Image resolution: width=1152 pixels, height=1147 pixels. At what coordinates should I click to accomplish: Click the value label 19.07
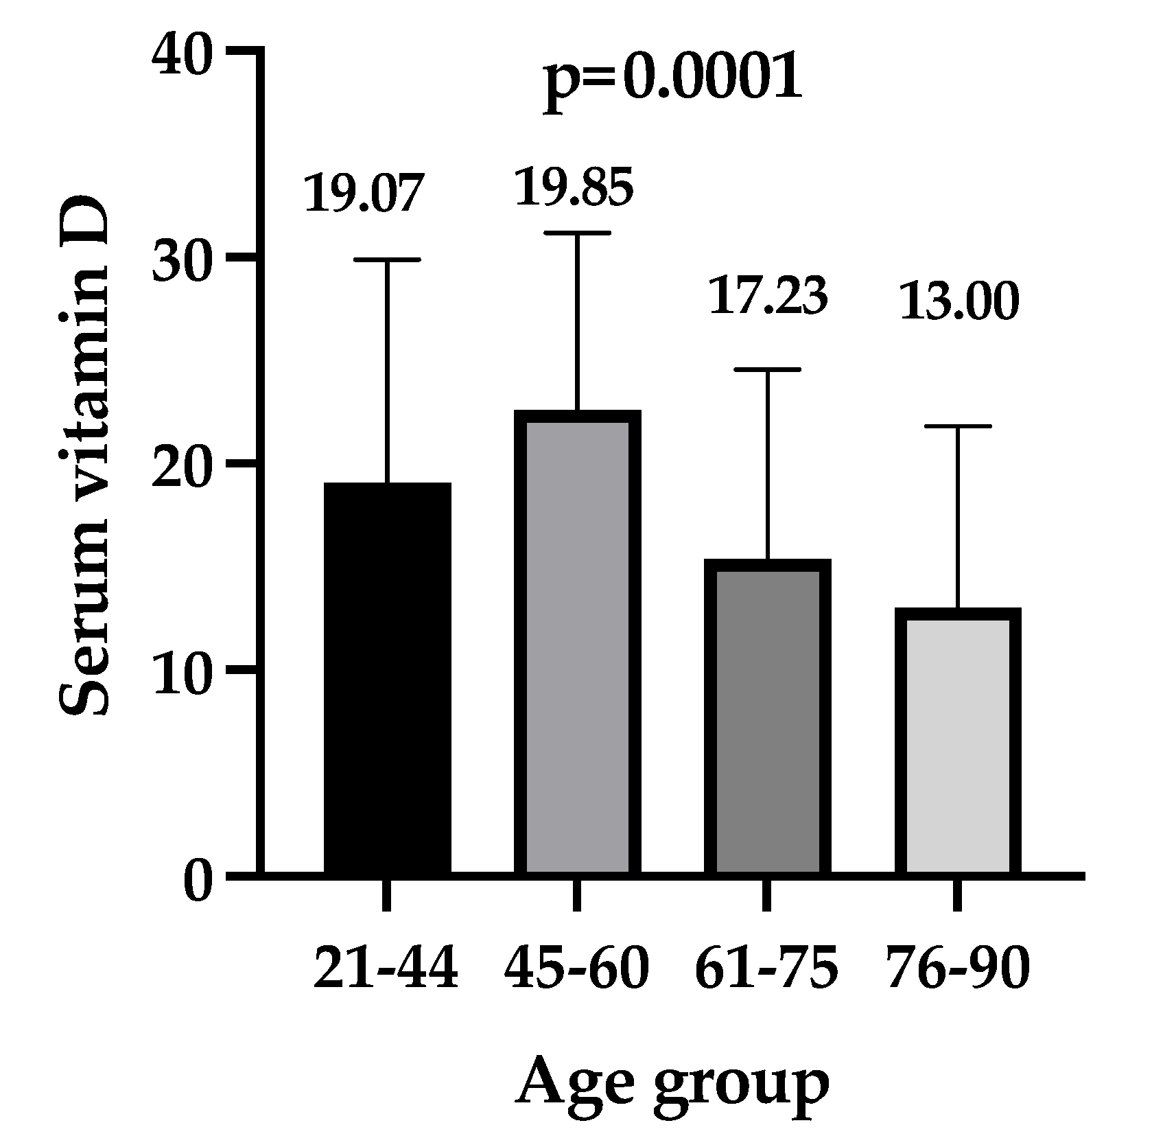point(361,193)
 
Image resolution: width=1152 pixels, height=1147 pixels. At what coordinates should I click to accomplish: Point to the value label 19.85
point(574,187)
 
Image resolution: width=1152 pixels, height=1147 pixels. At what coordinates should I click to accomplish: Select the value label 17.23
point(768,296)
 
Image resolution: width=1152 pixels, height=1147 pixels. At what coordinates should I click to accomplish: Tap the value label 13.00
point(958,302)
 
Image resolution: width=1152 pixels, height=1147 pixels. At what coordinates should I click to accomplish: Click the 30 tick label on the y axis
point(181,259)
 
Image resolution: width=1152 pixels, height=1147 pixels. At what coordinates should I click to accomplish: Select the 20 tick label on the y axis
point(181,466)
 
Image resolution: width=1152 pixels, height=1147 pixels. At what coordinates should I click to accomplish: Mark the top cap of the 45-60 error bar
point(577,233)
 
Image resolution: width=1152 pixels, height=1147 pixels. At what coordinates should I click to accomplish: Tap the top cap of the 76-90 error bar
point(957,426)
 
